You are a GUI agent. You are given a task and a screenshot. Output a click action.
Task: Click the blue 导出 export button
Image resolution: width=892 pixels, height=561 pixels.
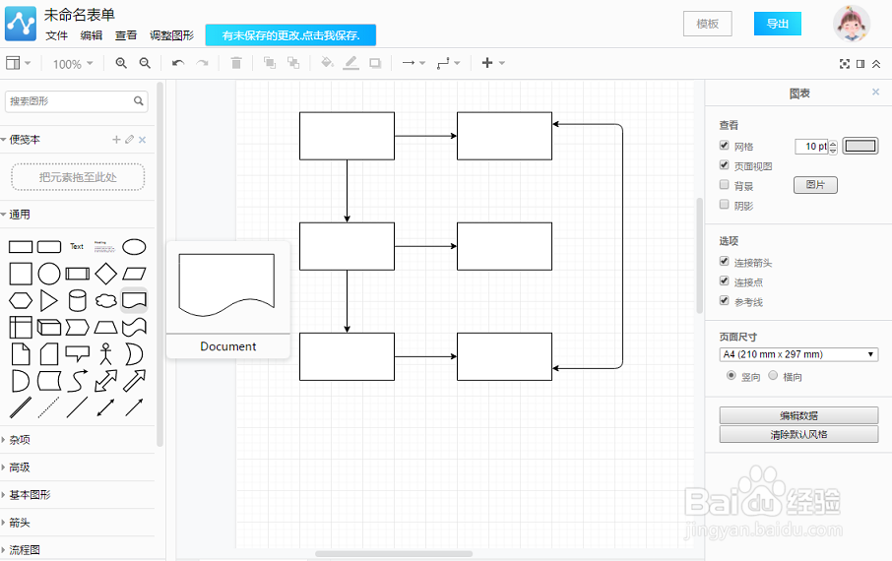[777, 24]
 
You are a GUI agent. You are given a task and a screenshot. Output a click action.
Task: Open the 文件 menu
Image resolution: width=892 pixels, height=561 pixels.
[56, 35]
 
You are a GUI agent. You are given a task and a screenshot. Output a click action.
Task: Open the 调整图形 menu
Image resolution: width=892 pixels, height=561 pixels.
[171, 35]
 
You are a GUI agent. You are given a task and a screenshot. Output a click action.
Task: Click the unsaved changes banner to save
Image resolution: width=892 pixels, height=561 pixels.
[290, 35]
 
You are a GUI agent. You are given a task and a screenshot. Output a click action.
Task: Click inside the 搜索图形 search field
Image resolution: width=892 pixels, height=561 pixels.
[69, 101]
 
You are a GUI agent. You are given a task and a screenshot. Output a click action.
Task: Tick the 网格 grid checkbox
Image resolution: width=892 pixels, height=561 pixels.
[725, 146]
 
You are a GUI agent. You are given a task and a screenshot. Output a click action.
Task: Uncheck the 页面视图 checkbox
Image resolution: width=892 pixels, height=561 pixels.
[725, 165]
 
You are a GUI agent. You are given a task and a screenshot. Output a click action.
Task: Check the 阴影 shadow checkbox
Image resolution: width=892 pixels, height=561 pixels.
[725, 205]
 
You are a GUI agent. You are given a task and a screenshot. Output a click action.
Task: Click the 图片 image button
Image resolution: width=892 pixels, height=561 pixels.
[815, 185]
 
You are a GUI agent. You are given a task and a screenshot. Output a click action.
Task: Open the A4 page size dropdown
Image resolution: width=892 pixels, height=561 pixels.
[798, 354]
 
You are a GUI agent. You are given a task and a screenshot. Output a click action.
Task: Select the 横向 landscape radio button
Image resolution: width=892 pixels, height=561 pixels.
[773, 375]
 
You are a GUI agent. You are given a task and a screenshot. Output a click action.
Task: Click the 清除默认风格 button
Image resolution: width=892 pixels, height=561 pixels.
[798, 434]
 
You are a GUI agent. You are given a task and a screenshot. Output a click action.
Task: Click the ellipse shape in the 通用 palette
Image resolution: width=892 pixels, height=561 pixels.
[134, 246]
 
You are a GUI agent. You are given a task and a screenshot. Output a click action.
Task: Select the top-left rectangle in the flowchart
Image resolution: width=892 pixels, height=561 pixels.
[347, 136]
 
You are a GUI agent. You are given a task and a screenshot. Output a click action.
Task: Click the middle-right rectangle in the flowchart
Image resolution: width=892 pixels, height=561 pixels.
[504, 246]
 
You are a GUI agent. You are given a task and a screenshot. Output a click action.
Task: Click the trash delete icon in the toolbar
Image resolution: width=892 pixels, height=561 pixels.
[236, 63]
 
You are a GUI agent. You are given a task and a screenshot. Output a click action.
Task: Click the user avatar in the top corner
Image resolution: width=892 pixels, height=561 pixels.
[852, 24]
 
